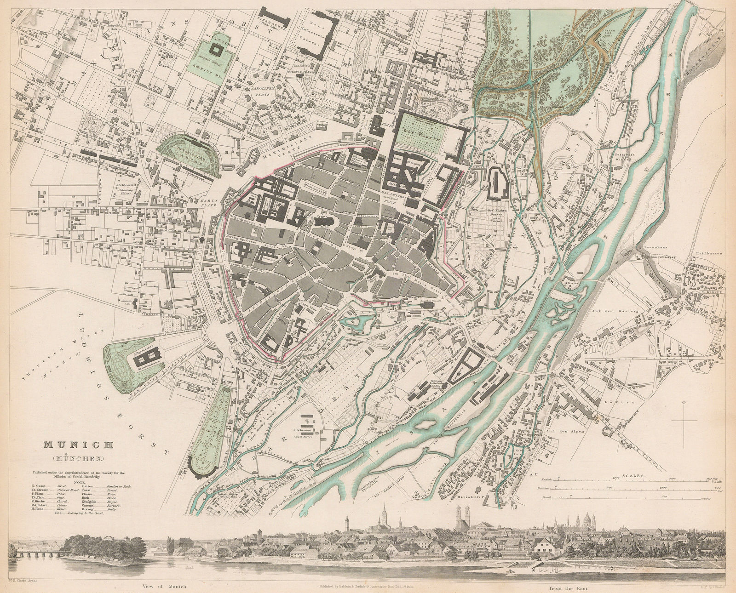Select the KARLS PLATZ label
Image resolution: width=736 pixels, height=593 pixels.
[x=201, y=203]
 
